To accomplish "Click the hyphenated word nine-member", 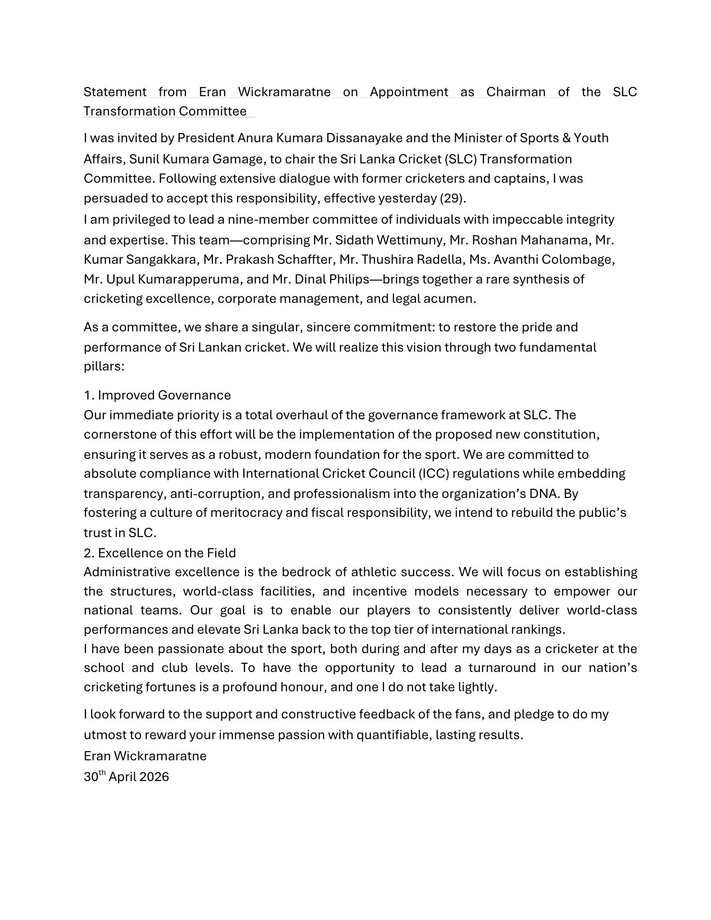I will click(x=263, y=220).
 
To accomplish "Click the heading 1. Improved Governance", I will click(x=157, y=395).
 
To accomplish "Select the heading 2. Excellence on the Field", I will click(x=160, y=553).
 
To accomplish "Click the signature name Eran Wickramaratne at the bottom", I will click(x=145, y=756).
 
